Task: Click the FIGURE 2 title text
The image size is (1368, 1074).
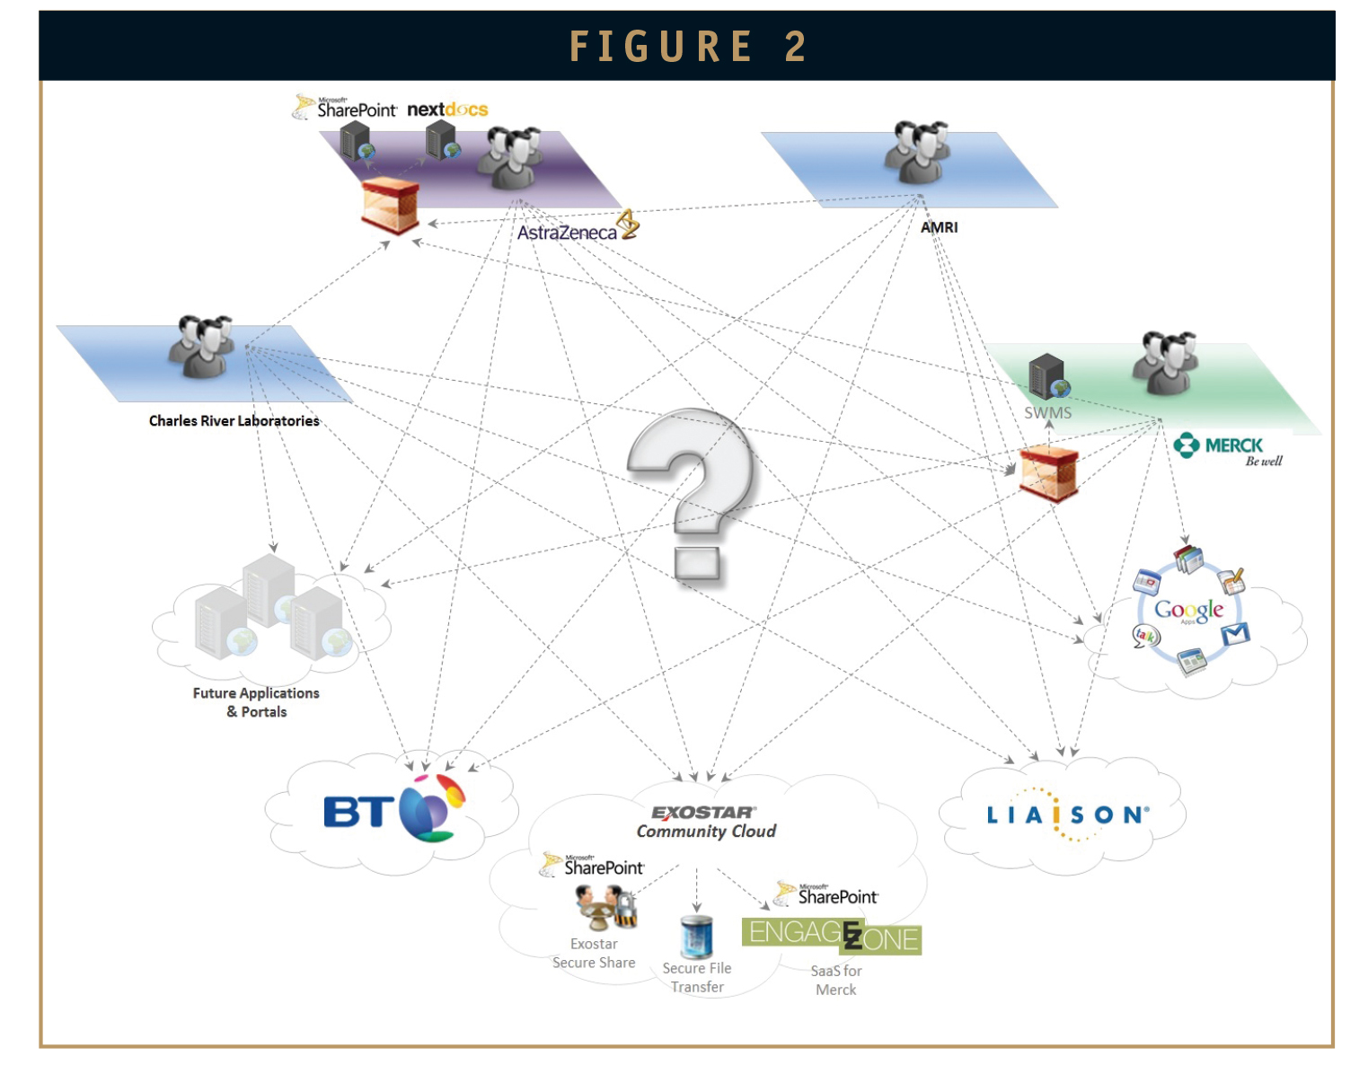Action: tap(687, 47)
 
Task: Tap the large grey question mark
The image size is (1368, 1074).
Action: tap(692, 494)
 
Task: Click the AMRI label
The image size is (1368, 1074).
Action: tap(939, 227)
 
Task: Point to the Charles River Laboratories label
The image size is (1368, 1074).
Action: tap(234, 420)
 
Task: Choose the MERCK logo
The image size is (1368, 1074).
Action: tap(1226, 449)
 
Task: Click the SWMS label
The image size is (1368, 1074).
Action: tap(1047, 413)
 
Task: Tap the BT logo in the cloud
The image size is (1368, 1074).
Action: tap(394, 810)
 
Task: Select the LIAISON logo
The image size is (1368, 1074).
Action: tap(1068, 814)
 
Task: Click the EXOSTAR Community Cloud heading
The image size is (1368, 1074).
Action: tap(706, 823)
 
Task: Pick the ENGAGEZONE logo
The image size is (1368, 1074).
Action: tap(831, 937)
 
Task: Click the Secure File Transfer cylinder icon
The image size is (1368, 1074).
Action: tap(696, 937)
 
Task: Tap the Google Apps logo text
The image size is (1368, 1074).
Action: tap(1188, 610)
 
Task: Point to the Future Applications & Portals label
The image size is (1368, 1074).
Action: tap(256, 702)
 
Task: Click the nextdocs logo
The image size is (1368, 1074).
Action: tap(447, 110)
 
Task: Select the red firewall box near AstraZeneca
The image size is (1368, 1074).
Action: tap(390, 205)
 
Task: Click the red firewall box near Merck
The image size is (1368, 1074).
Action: tap(1048, 472)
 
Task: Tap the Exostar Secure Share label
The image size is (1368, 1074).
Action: tap(594, 953)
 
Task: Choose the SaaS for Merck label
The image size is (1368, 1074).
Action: tap(835, 981)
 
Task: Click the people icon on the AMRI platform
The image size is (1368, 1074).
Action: tap(917, 152)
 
